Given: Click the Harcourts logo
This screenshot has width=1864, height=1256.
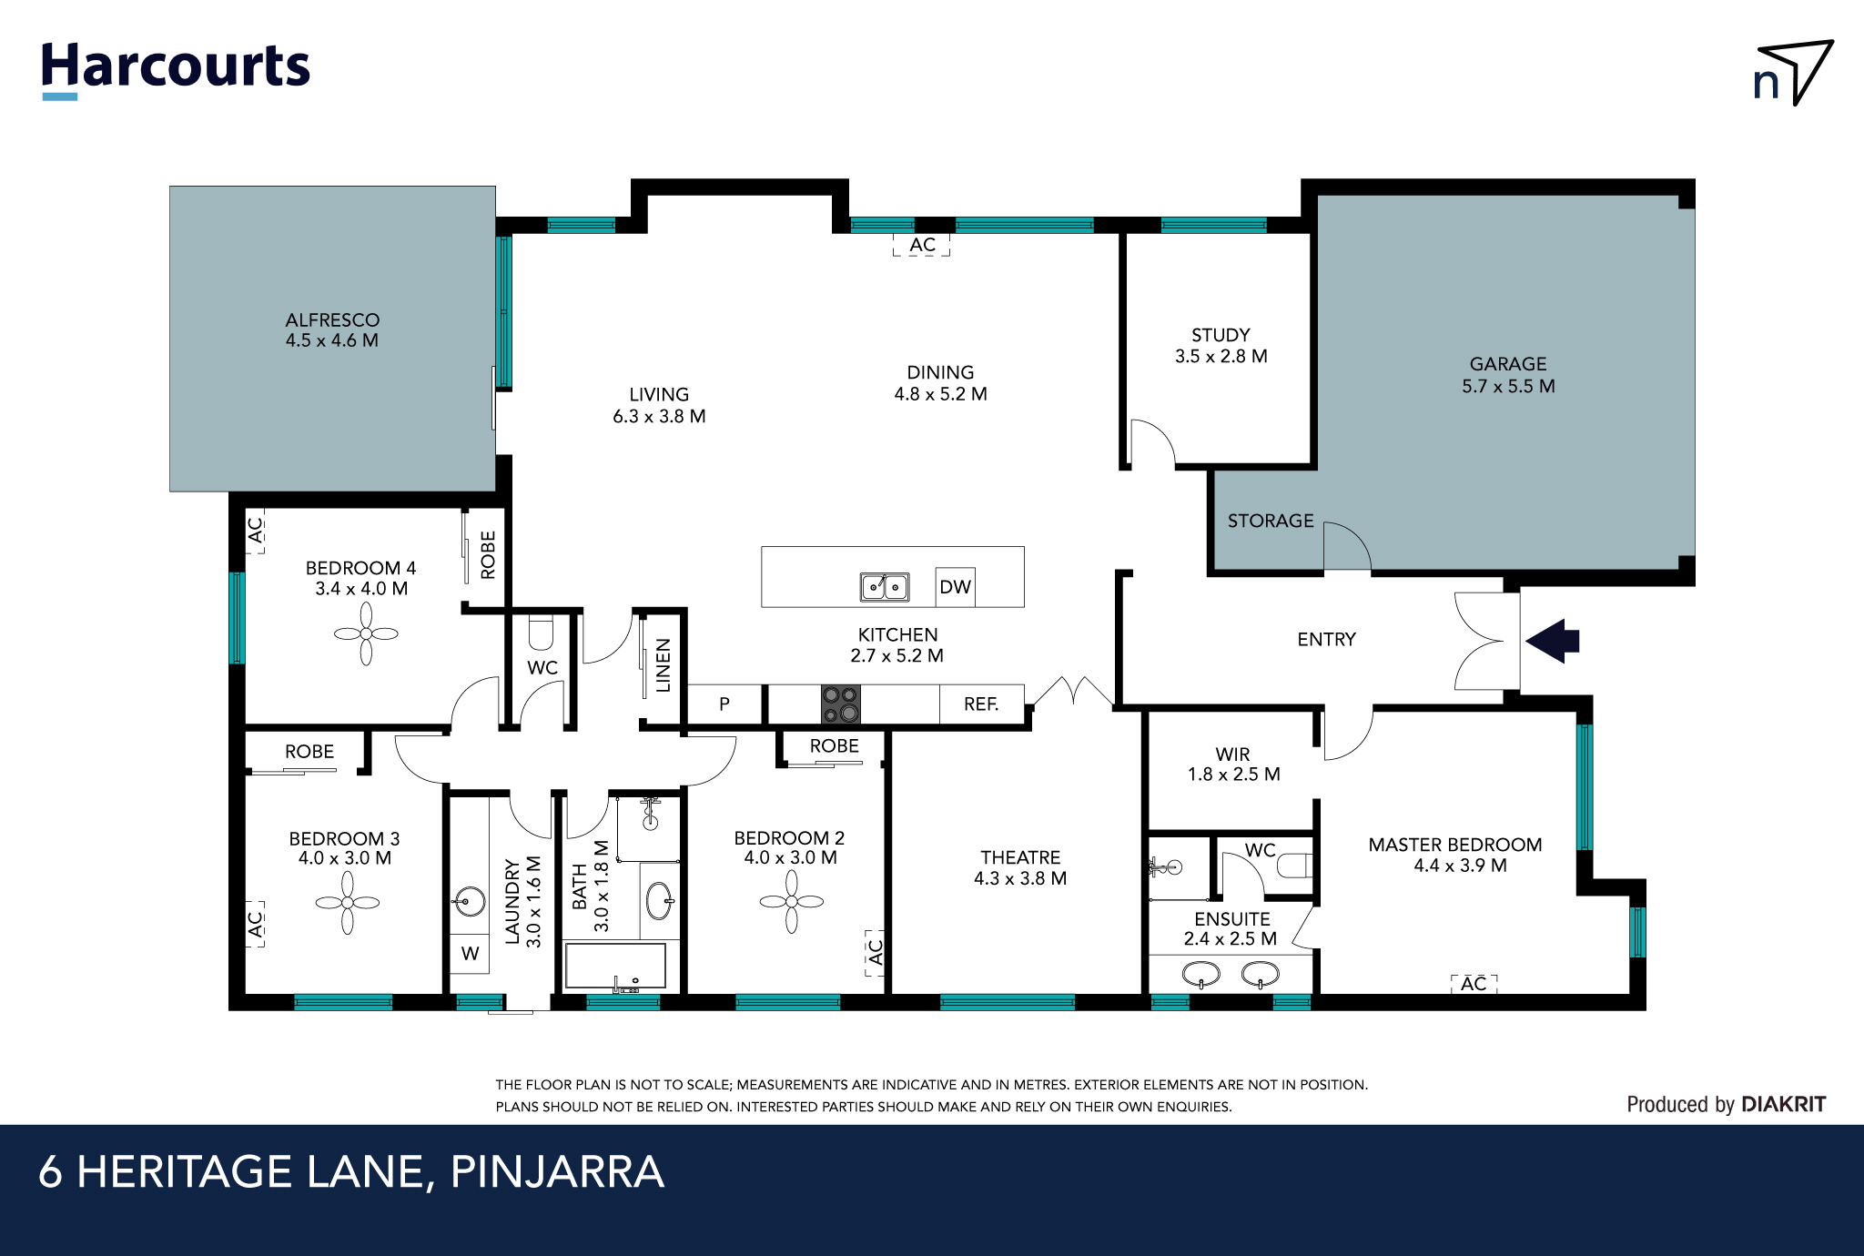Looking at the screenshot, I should [176, 68].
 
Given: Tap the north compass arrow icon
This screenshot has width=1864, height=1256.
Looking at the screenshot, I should [1793, 73].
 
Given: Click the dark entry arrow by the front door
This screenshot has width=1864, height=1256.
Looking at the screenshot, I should [1554, 641].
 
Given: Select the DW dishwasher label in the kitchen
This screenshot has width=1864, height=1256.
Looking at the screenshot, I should [955, 587].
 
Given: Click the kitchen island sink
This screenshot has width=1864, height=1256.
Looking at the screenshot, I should [885, 587].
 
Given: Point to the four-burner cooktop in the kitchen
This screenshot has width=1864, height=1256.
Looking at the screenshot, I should [840, 704].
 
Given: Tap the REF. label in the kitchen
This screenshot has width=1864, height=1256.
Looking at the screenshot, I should [981, 704].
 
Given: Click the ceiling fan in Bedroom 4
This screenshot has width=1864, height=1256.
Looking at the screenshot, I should [366, 634].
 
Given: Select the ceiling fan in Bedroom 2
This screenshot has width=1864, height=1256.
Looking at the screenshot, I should [791, 902].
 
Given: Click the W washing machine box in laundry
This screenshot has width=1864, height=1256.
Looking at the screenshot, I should [470, 954].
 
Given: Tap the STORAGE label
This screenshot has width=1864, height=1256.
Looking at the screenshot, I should [1271, 521].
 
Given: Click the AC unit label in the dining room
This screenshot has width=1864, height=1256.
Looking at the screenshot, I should [922, 245].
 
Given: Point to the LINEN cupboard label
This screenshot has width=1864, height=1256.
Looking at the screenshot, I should [664, 664].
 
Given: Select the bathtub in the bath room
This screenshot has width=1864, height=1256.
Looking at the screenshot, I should [615, 967].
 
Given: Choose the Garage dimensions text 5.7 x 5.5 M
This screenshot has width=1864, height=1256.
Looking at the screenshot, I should [1508, 386].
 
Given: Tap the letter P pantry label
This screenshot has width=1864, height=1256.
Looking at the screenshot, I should [724, 704].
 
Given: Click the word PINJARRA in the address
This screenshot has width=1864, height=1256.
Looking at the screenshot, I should [557, 1172].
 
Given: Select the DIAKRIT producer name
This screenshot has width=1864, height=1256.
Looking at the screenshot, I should [1783, 1104].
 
